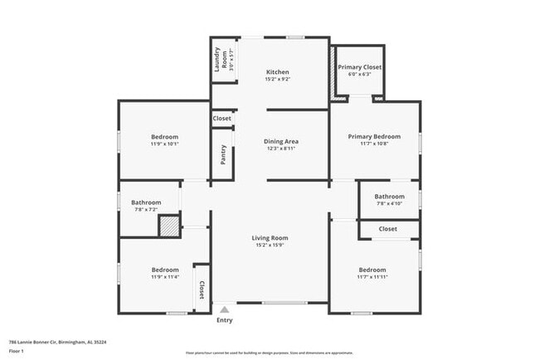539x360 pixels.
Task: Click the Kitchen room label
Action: pos(277,72)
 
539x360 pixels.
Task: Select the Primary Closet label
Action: pos(360,66)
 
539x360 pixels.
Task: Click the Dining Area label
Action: pos(281,141)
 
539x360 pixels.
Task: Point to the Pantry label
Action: pos(223,155)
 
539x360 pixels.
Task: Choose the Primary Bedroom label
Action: pos(374,136)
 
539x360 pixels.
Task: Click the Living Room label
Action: pos(269,238)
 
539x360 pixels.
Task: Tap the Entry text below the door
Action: pos(225,320)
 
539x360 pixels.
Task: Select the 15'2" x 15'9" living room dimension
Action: pos(269,246)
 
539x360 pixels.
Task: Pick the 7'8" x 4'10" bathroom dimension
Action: pos(389,203)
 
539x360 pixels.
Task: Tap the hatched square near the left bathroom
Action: pos(169,226)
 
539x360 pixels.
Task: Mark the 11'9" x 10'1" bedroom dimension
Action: pos(164,144)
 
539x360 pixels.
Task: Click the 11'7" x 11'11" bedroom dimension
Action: pos(372,277)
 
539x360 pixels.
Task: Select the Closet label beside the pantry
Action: pos(222,119)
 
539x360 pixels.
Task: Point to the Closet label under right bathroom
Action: pos(388,229)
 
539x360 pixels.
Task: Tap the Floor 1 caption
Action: pos(17,352)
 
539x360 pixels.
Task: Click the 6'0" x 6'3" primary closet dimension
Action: pos(360,74)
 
